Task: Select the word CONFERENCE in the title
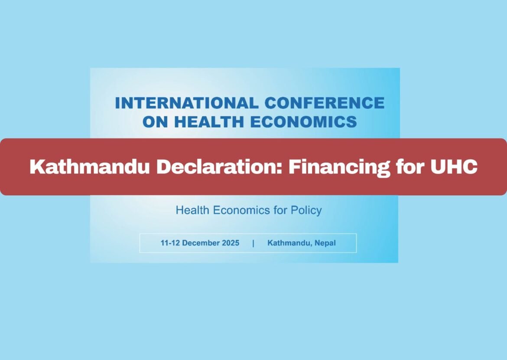[325, 103]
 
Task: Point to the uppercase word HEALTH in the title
[209, 122]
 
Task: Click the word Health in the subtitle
[192, 211]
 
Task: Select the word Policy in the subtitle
[306, 211]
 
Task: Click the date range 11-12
[170, 243]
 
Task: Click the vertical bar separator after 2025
[253, 243]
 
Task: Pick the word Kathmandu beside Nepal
[289, 243]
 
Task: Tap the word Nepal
[325, 243]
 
